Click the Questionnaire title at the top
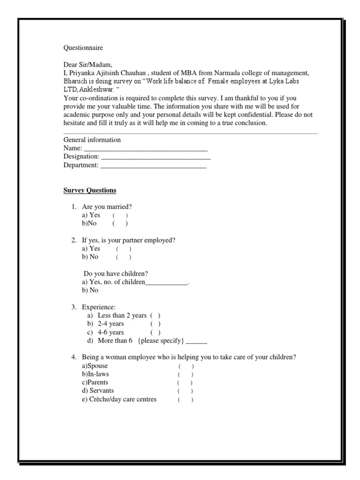pyautogui.click(x=83, y=48)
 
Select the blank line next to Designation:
pyautogui.click(x=152, y=157)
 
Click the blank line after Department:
pyautogui.click(x=153, y=165)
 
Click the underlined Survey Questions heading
pyautogui.click(x=90, y=191)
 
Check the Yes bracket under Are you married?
pyautogui.click(x=120, y=215)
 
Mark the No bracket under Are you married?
pyautogui.click(x=120, y=224)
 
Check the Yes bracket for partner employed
pyautogui.click(x=124, y=249)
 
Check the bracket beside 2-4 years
pyautogui.click(x=156, y=324)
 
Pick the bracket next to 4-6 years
pyautogui.click(x=156, y=332)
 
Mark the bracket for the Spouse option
pyautogui.click(x=185, y=366)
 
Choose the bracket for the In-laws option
pyautogui.click(x=185, y=375)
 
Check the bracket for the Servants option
pyautogui.click(x=185, y=391)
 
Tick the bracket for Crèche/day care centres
pyautogui.click(x=185, y=400)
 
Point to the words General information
pyautogui.click(x=92, y=140)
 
